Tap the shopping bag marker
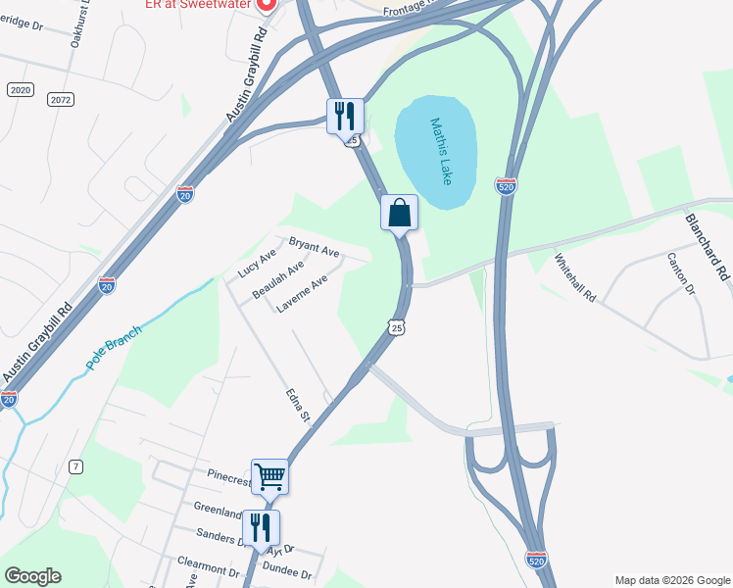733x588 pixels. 399,214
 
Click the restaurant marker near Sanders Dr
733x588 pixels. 261,528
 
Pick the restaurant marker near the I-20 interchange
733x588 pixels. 345,117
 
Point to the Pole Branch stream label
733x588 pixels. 113,346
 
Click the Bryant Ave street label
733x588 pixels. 314,247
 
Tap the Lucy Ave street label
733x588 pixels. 258,264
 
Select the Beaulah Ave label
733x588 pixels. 277,280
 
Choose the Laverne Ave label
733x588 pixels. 301,294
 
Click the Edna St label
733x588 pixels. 297,407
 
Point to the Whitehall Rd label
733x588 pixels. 574,277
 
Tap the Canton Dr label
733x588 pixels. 680,275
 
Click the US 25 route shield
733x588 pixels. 396,328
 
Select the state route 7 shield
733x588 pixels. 75,466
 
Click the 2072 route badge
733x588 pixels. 61,99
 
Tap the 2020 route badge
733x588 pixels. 20,89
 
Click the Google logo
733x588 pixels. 32,576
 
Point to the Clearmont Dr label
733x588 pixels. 208,569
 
